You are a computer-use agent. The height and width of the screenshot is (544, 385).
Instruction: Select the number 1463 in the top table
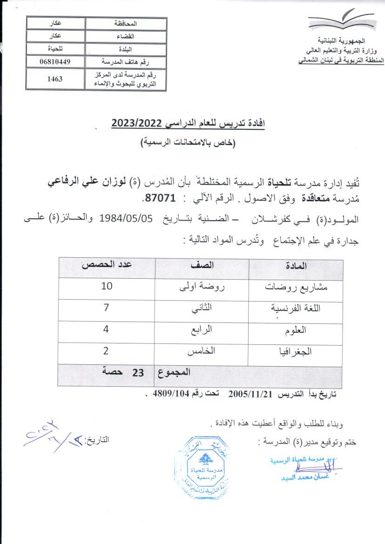(x=55, y=79)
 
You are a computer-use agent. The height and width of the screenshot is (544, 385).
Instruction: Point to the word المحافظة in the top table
(x=126, y=23)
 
